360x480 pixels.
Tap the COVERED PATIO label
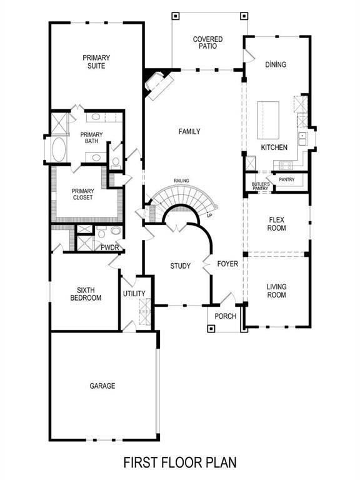[207, 42]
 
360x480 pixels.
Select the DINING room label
[275, 64]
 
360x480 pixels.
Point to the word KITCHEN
[274, 147]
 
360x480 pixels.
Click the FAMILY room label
[189, 131]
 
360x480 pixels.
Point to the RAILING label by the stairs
[182, 181]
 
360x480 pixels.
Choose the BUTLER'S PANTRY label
[261, 186]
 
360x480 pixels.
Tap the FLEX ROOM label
[277, 224]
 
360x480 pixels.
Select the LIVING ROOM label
[276, 291]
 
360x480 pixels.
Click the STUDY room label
[181, 266]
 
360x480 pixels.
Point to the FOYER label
[227, 264]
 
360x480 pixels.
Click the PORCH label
[225, 316]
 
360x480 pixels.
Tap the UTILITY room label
[134, 294]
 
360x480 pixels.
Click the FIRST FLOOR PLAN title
[180, 462]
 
